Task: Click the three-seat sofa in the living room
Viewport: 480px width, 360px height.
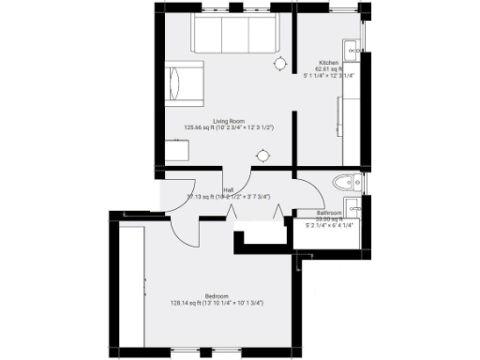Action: tap(233, 36)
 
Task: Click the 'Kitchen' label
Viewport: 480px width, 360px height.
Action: tap(327, 62)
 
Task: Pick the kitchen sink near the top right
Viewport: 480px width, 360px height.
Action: tap(351, 49)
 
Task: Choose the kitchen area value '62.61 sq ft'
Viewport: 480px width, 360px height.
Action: tap(328, 69)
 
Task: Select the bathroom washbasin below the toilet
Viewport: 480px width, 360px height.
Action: tap(352, 208)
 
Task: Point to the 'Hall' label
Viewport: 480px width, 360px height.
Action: tap(228, 189)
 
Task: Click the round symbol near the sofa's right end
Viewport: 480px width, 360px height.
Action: tap(279, 63)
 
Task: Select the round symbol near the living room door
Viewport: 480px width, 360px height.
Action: tap(265, 155)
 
